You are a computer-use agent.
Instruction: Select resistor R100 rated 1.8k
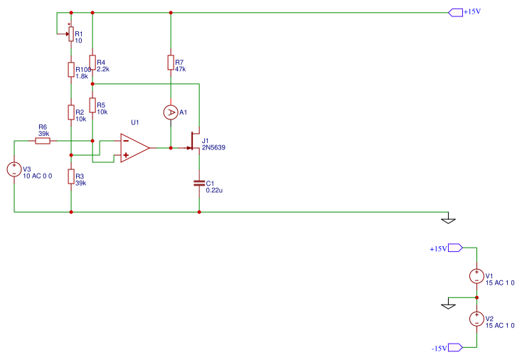pos(70,69)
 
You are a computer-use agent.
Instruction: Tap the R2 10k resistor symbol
pos(70,112)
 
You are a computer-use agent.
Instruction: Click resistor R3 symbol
pos(70,176)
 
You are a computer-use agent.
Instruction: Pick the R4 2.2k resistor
pos(92,63)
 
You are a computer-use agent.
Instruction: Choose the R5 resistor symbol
pos(92,105)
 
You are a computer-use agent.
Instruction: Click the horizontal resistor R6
pos(43,141)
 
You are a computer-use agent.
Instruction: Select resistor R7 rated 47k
pos(171,63)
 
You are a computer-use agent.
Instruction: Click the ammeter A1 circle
pos(171,112)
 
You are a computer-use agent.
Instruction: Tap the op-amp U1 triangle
pos(134,148)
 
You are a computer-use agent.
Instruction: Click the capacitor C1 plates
pos(199,184)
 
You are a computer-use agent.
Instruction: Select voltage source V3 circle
pos(14,169)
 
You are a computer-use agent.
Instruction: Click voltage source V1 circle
pos(476,276)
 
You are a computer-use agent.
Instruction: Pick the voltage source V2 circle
pos(476,319)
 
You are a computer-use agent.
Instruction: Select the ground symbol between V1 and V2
pos(448,305)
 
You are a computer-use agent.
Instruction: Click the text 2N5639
pos(215,148)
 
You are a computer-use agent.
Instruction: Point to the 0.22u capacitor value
pos(215,190)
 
